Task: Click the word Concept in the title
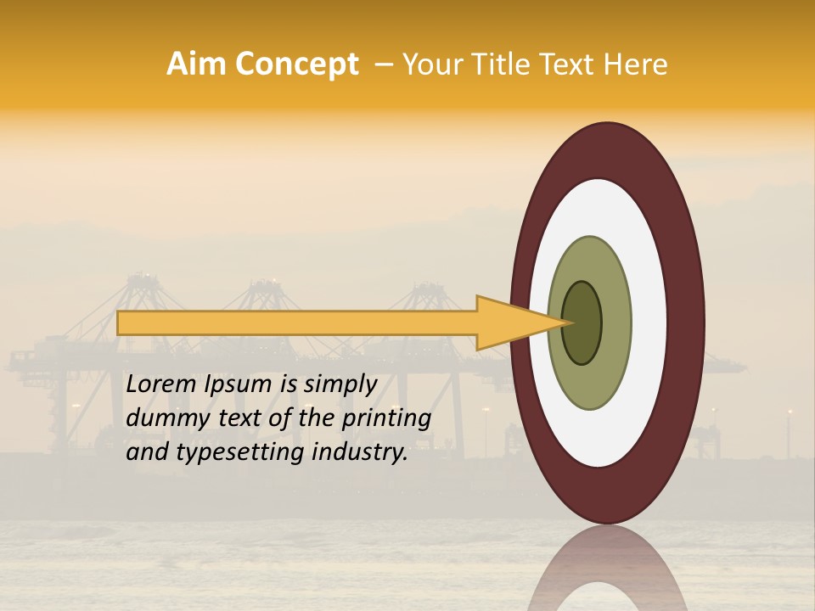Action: tap(297, 64)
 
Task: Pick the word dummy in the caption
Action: tap(160, 418)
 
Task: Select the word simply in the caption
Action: tap(340, 385)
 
